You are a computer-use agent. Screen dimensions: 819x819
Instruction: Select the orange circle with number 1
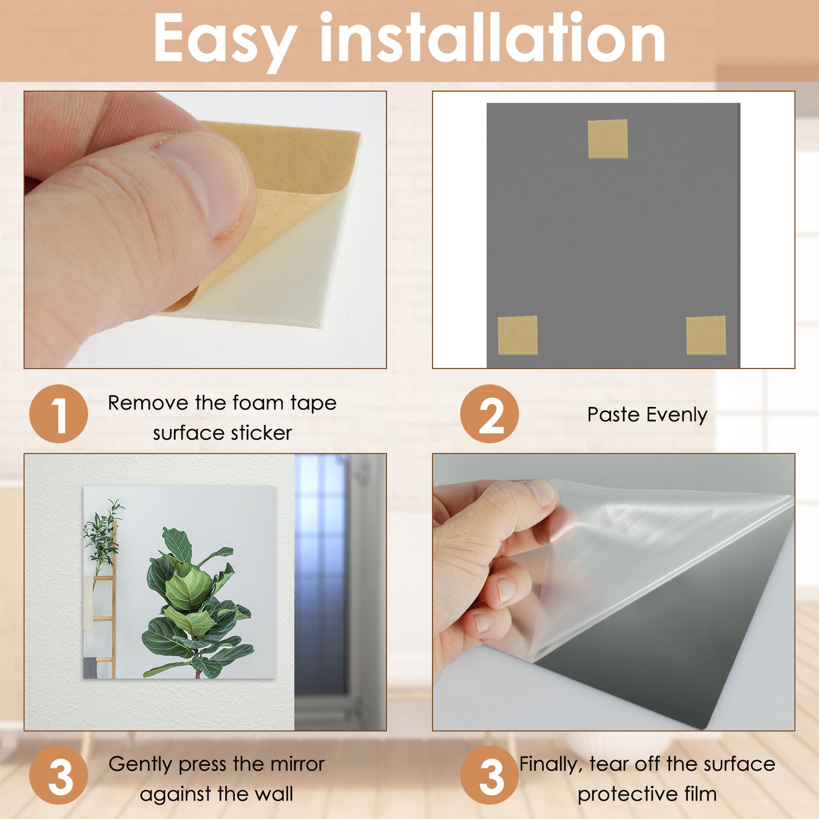58,414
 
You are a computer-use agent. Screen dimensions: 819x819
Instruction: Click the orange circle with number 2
489,414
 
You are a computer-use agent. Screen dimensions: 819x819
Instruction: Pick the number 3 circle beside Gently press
58,775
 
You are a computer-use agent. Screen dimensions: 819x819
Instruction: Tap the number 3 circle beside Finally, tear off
489,775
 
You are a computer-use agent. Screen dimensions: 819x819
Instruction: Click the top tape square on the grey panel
608,139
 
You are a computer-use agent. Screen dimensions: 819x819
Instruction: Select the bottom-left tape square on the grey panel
517,336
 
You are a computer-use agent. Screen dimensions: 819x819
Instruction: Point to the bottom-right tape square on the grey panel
706,336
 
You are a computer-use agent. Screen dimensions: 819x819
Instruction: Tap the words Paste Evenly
647,415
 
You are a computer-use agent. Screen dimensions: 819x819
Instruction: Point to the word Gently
140,764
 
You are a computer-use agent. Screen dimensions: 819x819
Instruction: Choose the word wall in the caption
274,794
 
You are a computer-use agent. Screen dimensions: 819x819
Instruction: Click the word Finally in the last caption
551,764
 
